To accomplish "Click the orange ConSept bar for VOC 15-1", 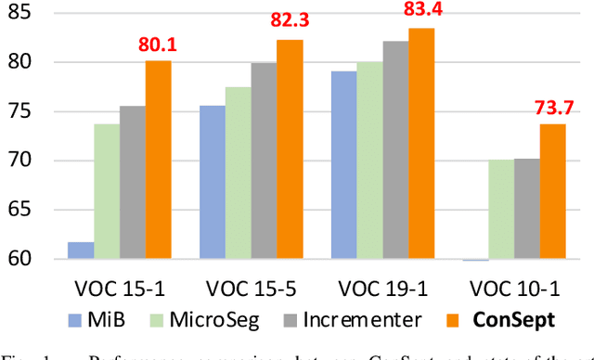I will point(158,160).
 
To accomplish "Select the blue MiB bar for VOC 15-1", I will point(82,251).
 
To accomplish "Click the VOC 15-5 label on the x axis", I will point(251,288).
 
